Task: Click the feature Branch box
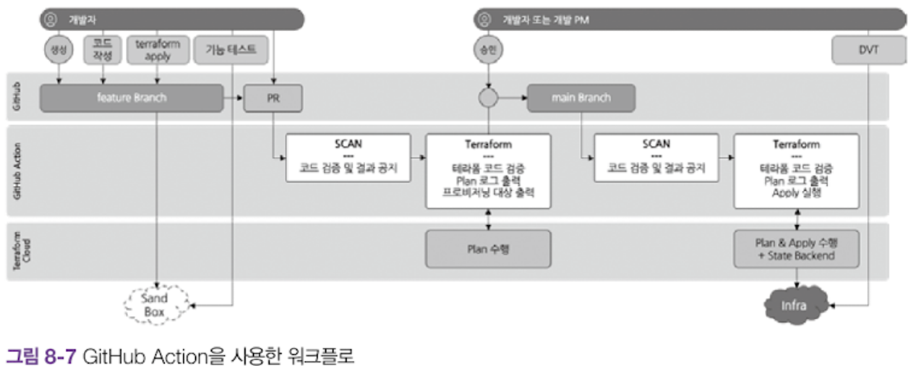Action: coord(131,98)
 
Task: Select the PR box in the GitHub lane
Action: coord(273,98)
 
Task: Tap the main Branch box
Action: coord(581,98)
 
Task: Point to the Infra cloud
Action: coord(793,304)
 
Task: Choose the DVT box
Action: coord(869,51)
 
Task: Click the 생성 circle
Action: coord(56,50)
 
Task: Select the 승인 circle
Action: coord(488,50)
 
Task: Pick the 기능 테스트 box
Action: coord(231,51)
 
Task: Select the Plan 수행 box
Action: coord(487,249)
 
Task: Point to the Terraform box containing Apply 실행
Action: coord(796,170)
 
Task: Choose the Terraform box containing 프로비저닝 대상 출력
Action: coord(488,171)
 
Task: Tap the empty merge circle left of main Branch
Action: coord(488,98)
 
